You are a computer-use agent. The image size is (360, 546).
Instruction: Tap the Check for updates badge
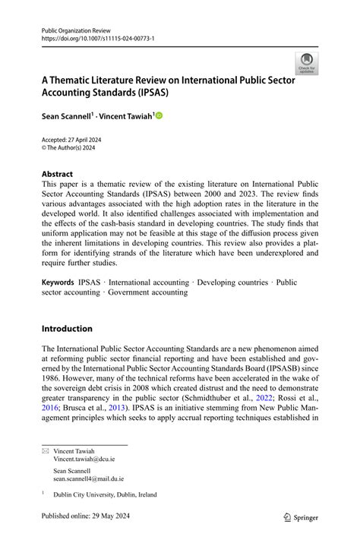pyautogui.click(x=306, y=63)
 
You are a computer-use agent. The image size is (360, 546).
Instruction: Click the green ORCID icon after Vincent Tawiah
pyautogui.click(x=159, y=116)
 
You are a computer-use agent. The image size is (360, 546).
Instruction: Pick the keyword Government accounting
pyautogui.click(x=148, y=292)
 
